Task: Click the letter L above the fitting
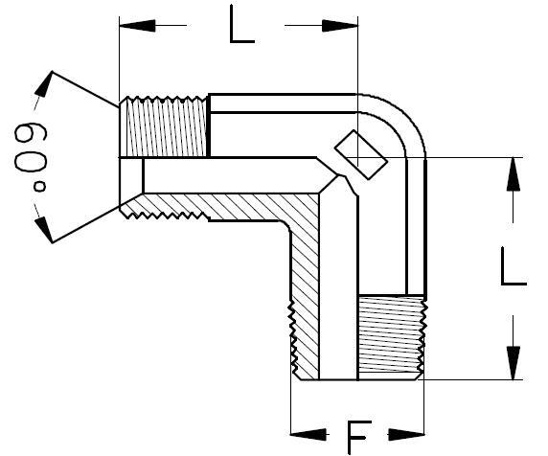[241, 27]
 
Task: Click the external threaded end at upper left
[164, 126]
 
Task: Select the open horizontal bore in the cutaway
[230, 175]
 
